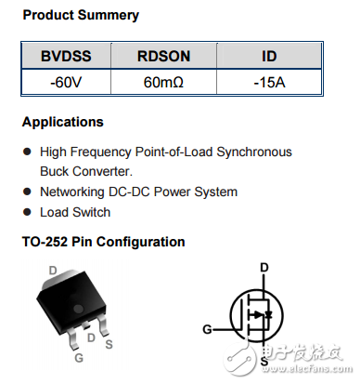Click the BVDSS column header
[65, 57]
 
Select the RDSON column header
[163, 57]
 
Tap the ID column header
[269, 57]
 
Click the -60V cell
[65, 82]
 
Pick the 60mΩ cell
[163, 82]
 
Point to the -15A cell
[269, 82]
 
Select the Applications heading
[63, 122]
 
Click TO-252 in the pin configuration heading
[45, 242]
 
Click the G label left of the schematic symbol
[208, 328]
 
